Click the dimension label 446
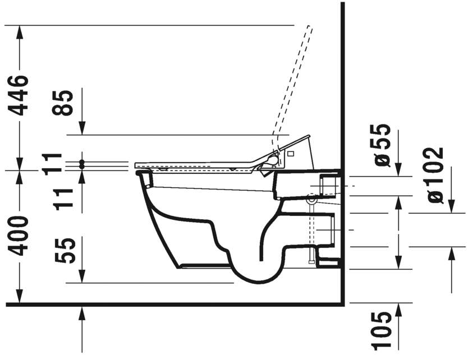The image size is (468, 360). (21, 95)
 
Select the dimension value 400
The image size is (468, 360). (21, 236)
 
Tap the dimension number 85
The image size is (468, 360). (66, 103)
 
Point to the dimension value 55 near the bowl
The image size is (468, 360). (66, 251)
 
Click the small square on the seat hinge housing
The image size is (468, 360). (291, 153)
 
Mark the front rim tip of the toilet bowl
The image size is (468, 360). (139, 173)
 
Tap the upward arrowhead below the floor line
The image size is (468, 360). (82, 313)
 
